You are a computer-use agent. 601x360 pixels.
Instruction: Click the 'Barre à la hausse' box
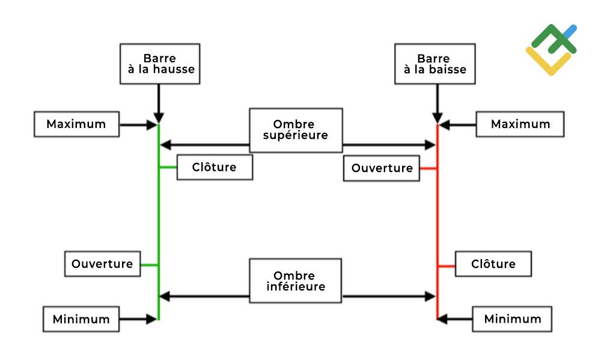(160, 64)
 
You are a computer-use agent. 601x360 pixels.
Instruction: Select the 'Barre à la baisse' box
(435, 64)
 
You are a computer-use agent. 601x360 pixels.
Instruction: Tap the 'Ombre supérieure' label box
(296, 130)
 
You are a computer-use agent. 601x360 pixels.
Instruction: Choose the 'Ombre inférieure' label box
(296, 281)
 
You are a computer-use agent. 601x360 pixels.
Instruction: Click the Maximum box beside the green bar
(77, 124)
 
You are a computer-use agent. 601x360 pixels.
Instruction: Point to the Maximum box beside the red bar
(520, 124)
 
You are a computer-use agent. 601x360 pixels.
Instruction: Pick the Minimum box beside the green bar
(81, 319)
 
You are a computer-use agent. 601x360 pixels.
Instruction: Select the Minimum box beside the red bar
(512, 319)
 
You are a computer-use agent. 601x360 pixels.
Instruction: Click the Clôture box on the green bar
(215, 167)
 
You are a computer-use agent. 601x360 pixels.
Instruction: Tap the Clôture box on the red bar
(493, 264)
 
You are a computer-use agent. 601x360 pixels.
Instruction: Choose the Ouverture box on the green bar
(102, 264)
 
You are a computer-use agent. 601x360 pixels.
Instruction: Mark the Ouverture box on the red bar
(382, 168)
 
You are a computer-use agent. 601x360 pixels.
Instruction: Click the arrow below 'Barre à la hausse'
(159, 103)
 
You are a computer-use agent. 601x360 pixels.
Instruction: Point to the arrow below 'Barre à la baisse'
(438, 103)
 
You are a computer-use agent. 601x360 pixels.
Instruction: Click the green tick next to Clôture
(168, 167)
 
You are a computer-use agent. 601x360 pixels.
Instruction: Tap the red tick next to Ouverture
(429, 168)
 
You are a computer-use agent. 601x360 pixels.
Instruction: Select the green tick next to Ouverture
(150, 265)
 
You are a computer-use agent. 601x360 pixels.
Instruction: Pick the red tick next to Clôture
(447, 266)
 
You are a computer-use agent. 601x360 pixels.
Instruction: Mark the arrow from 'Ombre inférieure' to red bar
(389, 296)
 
